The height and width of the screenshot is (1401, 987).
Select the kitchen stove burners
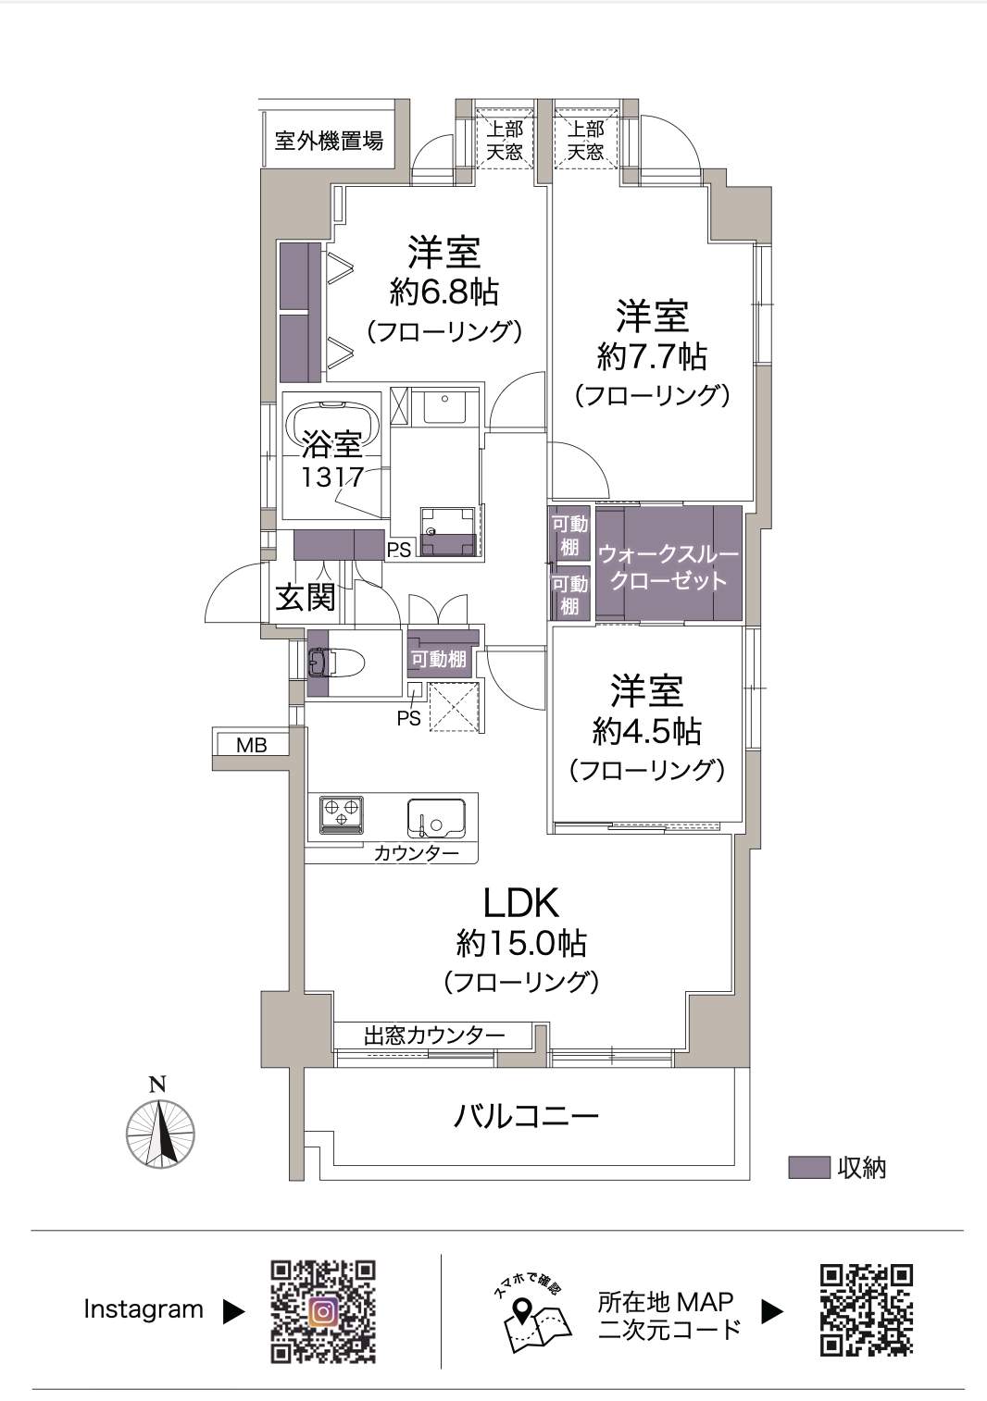tap(342, 815)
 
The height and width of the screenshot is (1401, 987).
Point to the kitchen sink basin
tap(436, 818)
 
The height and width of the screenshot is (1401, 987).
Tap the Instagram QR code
tap(323, 1311)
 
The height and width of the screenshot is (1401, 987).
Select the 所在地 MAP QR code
tap(867, 1310)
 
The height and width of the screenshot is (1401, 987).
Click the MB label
tap(252, 745)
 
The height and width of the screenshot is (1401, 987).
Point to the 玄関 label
tap(306, 598)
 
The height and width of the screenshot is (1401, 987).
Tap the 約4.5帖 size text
tap(646, 730)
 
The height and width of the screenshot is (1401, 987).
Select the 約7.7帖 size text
tap(652, 356)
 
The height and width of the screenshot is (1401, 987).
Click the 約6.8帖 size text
tap(444, 291)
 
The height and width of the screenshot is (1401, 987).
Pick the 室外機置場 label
tap(330, 141)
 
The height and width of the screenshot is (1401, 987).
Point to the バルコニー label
tap(526, 1116)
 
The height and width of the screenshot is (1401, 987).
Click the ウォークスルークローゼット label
tap(668, 567)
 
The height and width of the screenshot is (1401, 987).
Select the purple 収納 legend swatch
tap(808, 1168)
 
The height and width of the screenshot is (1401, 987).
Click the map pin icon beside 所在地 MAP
tap(521, 1308)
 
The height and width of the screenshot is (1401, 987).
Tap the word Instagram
tap(144, 1309)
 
